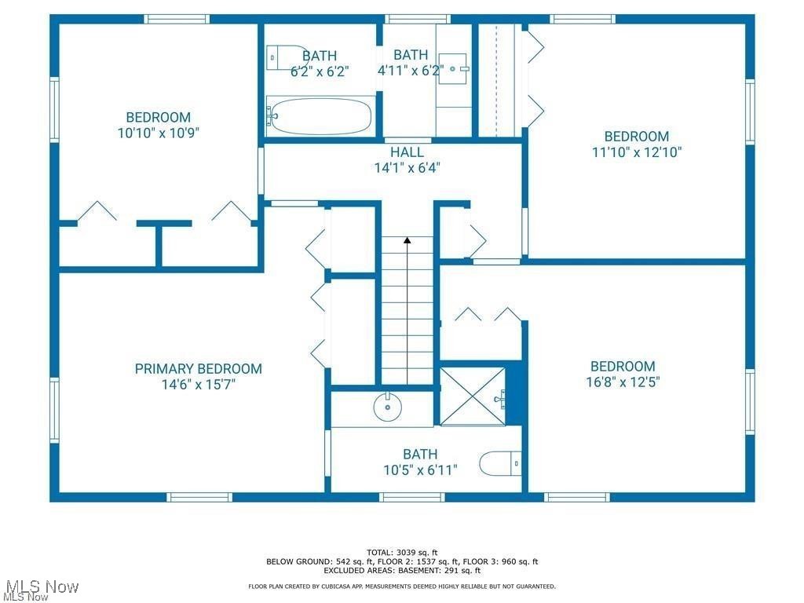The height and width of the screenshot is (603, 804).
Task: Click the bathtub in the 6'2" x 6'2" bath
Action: (x=319, y=116)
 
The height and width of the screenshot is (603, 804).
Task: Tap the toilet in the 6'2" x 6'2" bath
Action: (x=281, y=57)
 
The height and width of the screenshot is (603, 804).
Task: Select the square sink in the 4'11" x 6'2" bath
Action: (x=454, y=68)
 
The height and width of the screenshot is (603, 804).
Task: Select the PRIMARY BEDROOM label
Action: (x=198, y=369)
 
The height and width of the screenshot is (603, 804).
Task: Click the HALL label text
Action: (x=407, y=152)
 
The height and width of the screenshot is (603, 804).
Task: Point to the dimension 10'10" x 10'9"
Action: (x=159, y=133)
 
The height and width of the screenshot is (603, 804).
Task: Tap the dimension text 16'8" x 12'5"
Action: (x=623, y=382)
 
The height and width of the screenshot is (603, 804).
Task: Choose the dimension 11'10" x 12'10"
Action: (x=636, y=152)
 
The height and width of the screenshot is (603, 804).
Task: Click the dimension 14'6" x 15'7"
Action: (x=198, y=385)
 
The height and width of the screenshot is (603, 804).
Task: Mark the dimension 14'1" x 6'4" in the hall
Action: (x=407, y=167)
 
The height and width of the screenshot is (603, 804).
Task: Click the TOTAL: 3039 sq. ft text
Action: (x=402, y=552)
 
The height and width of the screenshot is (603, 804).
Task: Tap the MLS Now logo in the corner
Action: (x=39, y=589)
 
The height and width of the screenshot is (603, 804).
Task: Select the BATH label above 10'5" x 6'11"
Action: (x=420, y=455)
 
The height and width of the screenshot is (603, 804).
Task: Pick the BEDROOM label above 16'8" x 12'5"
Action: (x=623, y=367)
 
